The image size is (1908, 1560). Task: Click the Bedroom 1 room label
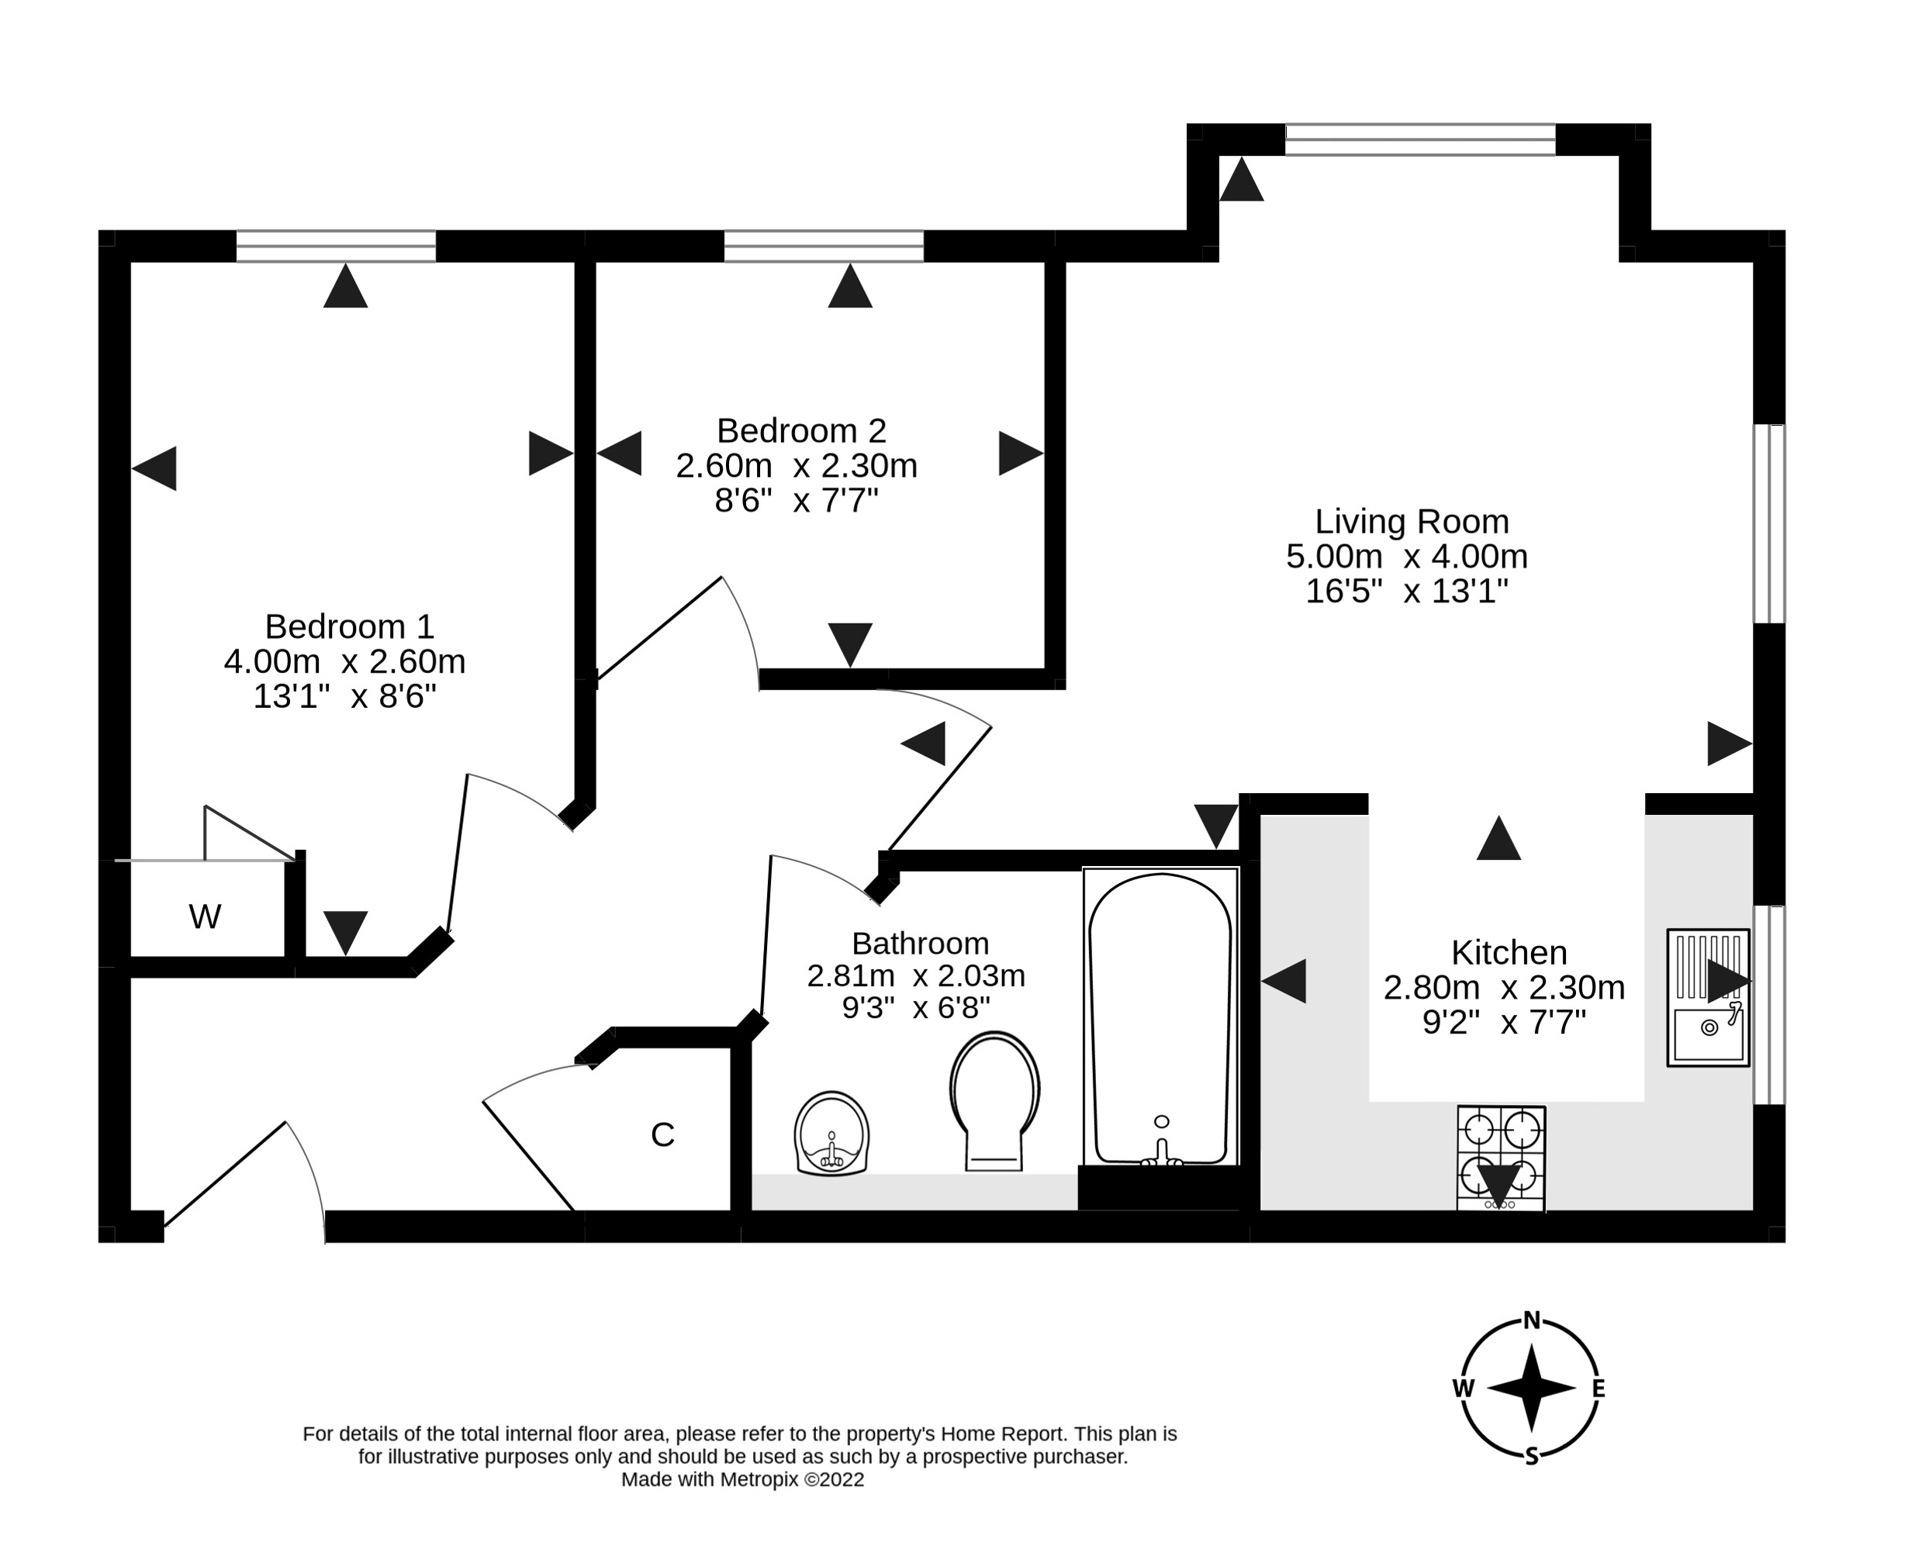pyautogui.click(x=350, y=626)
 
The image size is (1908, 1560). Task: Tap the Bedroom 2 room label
pyautogui.click(x=802, y=431)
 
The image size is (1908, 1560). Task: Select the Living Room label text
pyautogui.click(x=1412, y=522)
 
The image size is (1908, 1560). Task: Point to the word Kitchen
pyautogui.click(x=1509, y=953)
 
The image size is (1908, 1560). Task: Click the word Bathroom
pyautogui.click(x=921, y=944)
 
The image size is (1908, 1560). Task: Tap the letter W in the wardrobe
pyautogui.click(x=205, y=916)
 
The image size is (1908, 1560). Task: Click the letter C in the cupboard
pyautogui.click(x=662, y=1135)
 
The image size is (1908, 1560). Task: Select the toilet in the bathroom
pyautogui.click(x=994, y=1101)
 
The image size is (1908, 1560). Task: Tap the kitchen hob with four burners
pyautogui.click(x=1501, y=1158)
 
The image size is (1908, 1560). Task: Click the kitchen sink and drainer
pyautogui.click(x=1708, y=997)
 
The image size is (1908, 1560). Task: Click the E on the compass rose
pyautogui.click(x=1599, y=1389)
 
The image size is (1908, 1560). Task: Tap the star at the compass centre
pyautogui.click(x=1531, y=1389)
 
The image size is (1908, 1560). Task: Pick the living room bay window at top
pyautogui.click(x=1420, y=140)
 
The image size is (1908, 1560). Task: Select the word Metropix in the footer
pyautogui.click(x=759, y=1480)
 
